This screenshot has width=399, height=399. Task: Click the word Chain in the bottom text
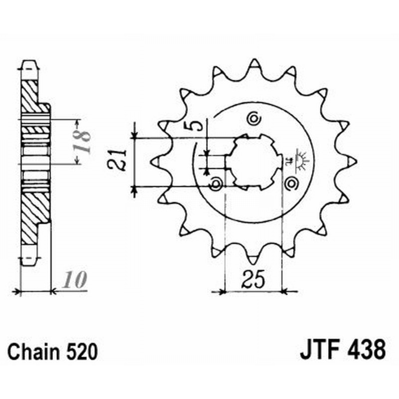click(x=33, y=351)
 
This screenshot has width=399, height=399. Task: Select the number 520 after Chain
click(x=78, y=351)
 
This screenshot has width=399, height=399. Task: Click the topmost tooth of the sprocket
click(x=254, y=65)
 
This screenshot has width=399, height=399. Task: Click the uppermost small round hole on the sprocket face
click(x=253, y=119)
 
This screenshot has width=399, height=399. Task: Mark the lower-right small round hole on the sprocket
click(x=291, y=185)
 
